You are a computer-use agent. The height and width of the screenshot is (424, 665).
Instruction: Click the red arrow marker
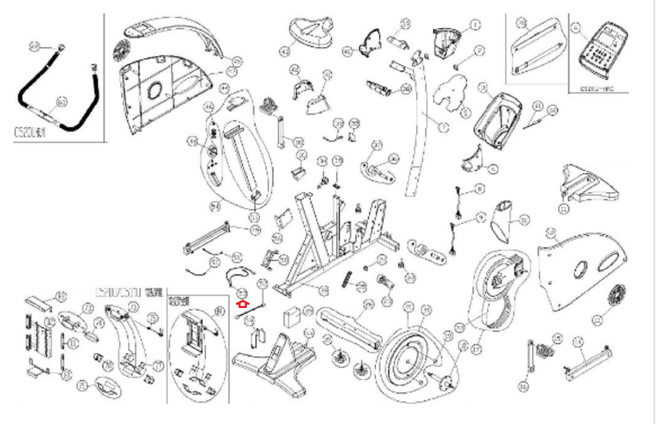242,304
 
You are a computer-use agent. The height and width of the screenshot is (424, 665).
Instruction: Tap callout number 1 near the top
475,25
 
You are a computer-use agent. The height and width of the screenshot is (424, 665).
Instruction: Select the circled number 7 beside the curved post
444,127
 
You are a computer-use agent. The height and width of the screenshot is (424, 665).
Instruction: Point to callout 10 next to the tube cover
525,220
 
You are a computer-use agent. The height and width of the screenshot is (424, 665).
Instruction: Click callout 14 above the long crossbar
578,342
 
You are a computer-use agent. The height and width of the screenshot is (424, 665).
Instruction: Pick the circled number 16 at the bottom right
523,387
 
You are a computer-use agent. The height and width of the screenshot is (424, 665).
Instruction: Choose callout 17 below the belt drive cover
476,350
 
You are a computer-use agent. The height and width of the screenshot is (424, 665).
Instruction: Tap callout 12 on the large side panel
551,234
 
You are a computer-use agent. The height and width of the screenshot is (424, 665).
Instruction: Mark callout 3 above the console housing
483,88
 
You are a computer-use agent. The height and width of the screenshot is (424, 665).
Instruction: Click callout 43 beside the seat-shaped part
285,52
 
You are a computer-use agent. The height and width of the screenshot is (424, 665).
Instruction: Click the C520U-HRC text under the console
597,89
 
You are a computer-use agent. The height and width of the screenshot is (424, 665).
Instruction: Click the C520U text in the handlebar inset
29,133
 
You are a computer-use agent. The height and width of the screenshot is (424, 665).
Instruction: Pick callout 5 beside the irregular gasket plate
465,113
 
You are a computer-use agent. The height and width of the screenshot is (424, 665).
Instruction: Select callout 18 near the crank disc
462,346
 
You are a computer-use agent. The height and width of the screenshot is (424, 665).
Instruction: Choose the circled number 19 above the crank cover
448,336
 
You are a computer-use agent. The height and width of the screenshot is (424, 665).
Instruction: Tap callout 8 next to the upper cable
480,189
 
